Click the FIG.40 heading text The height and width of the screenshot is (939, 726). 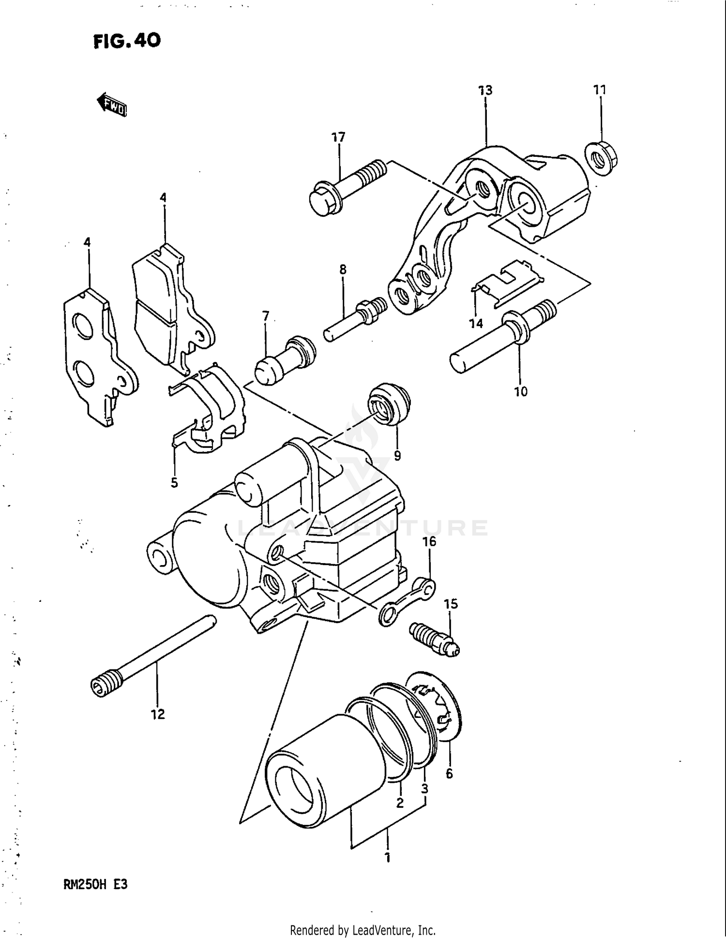click(127, 41)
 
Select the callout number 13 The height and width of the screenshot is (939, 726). click(485, 90)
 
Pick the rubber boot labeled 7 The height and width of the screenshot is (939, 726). click(285, 360)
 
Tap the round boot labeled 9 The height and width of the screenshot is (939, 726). click(390, 404)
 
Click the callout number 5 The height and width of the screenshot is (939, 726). click(174, 482)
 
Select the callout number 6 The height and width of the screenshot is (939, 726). click(449, 774)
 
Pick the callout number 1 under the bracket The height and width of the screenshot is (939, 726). click(387, 858)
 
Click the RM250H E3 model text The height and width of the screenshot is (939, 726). click(95, 885)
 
